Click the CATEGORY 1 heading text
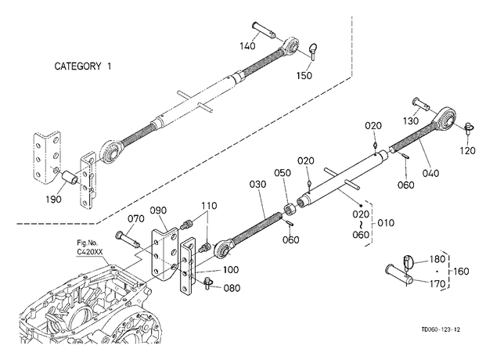click(83, 67)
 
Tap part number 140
click(247, 46)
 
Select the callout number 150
click(304, 76)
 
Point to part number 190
click(53, 199)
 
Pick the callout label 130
click(411, 121)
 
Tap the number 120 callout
click(467, 150)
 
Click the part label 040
click(430, 173)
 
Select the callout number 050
click(282, 173)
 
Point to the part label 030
click(257, 184)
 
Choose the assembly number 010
click(386, 223)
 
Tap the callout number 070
click(136, 218)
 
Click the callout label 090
click(158, 211)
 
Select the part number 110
click(209, 206)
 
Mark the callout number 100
click(231, 270)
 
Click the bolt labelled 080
click(207, 283)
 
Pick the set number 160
click(461, 271)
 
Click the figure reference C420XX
click(90, 252)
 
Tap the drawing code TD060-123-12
click(441, 329)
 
